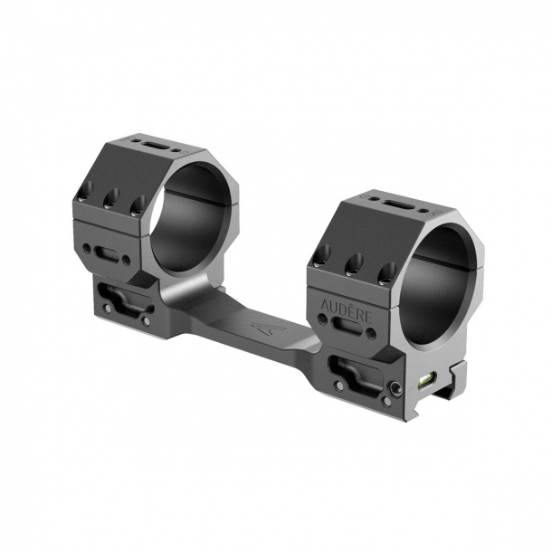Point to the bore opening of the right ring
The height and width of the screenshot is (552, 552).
pos(433,285)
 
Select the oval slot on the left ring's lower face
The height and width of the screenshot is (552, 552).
pos(108,253)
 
